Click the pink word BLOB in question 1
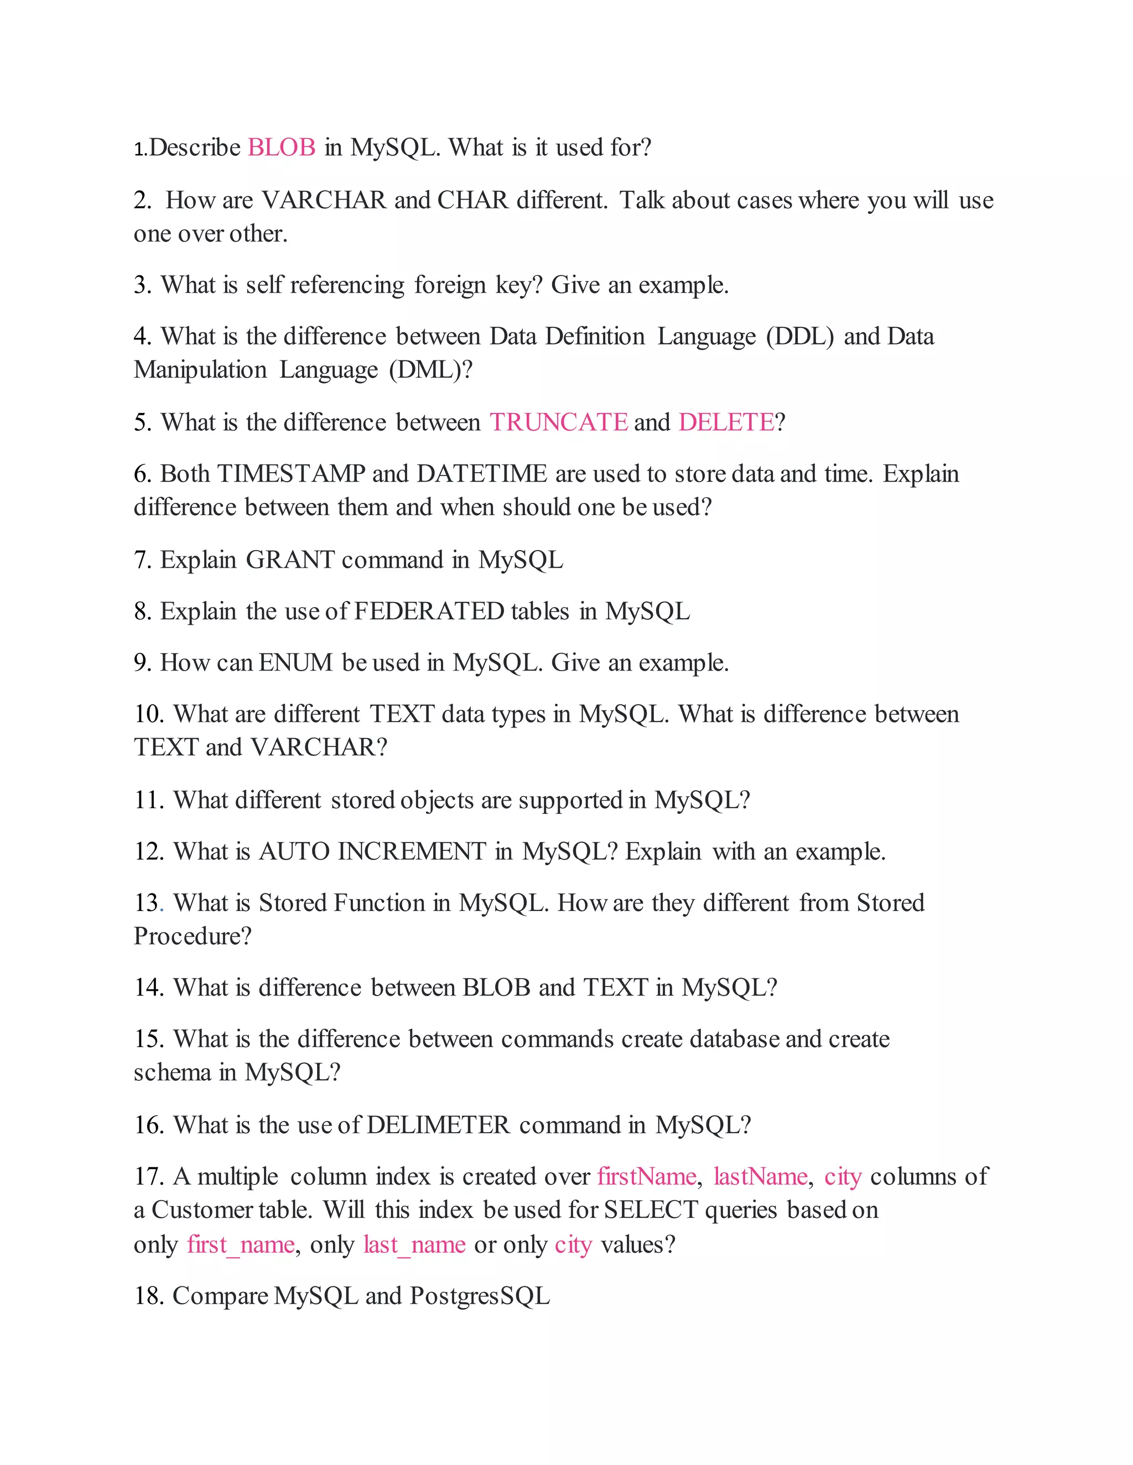pos(281,148)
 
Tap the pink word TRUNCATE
pos(558,422)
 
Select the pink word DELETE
pos(726,422)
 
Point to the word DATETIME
pos(482,474)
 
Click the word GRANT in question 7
pos(290,560)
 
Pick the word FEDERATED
pos(429,612)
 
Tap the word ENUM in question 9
pos(295,663)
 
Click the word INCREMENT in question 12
pos(412,852)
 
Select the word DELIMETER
pos(438,1125)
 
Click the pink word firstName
pos(646,1176)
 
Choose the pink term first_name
pos(240,1245)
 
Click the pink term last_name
pos(414,1245)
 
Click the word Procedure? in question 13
pos(193,936)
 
